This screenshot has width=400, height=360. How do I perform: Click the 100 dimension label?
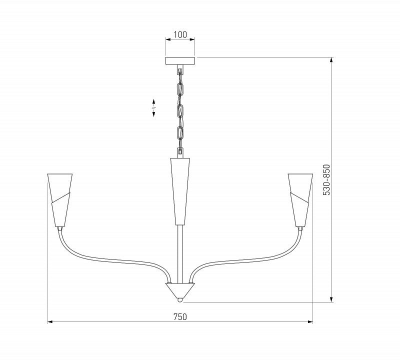(x=180, y=34)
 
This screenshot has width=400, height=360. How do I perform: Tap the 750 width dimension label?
(x=180, y=317)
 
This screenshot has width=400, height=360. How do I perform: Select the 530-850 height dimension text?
(x=326, y=180)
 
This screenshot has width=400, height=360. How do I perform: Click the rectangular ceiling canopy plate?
(x=180, y=60)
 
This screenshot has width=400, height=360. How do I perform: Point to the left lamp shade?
(x=60, y=200)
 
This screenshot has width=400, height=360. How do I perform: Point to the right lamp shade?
(x=300, y=200)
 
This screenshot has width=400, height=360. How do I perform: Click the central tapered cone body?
(x=180, y=191)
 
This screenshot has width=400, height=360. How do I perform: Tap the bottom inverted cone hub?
(x=180, y=290)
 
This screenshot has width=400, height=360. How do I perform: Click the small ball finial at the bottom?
(x=180, y=300)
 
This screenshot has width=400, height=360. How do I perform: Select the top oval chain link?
(x=180, y=88)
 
